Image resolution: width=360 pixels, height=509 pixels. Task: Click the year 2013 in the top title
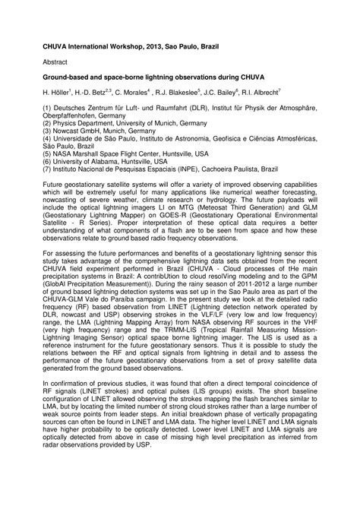(162, 46)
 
